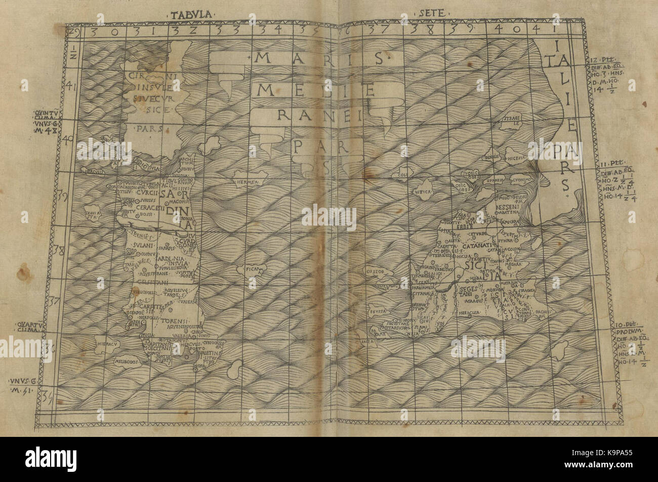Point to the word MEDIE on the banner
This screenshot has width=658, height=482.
coord(316,91)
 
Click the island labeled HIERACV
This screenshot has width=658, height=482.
coord(103,344)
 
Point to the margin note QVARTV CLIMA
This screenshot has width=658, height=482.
coord(44,328)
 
